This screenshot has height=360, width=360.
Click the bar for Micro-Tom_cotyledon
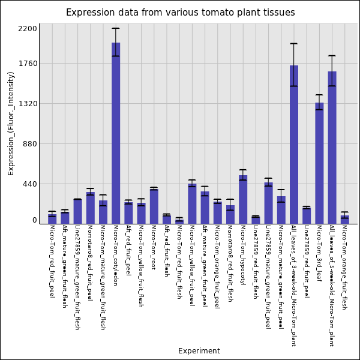pyautogui.click(x=116, y=132)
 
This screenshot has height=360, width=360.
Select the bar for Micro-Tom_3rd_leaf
pyautogui.click(x=319, y=162)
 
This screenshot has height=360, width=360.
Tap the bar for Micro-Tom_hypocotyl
pyautogui.click(x=243, y=199)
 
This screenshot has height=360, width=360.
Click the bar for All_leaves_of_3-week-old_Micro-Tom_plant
pyautogui.click(x=294, y=144)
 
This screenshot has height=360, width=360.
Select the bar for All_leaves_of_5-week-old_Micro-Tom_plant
pyautogui.click(x=332, y=147)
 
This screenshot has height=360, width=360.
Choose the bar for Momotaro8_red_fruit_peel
pyautogui.click(x=90, y=208)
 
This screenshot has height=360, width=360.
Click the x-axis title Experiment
pyautogui.click(x=199, y=351)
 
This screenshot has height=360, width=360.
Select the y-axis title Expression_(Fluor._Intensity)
pyautogui.click(x=11, y=123)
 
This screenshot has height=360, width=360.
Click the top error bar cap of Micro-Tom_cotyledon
pyautogui.click(x=116, y=28)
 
